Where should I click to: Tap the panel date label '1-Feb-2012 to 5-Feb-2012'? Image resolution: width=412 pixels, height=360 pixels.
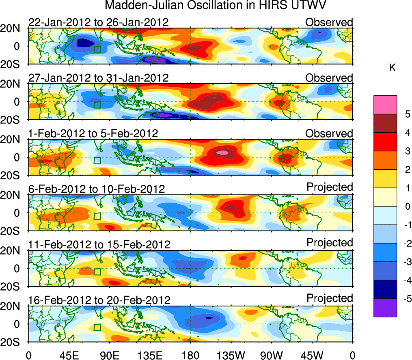[x=93, y=134]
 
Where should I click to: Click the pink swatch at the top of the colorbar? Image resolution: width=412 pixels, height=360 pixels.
[x=385, y=101]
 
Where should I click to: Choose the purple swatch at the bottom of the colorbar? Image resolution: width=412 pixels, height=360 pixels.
[x=385, y=308]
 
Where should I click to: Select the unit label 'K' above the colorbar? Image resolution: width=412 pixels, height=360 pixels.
[x=392, y=68]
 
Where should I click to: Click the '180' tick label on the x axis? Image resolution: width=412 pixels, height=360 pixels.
[x=190, y=354]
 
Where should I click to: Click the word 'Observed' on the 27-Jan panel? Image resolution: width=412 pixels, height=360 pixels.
[x=329, y=78]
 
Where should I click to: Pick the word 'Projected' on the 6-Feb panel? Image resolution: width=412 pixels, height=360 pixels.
[x=330, y=187]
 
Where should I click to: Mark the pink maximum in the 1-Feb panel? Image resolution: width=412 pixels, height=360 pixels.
[x=222, y=152]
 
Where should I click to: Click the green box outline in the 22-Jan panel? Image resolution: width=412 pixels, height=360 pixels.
[x=97, y=49]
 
